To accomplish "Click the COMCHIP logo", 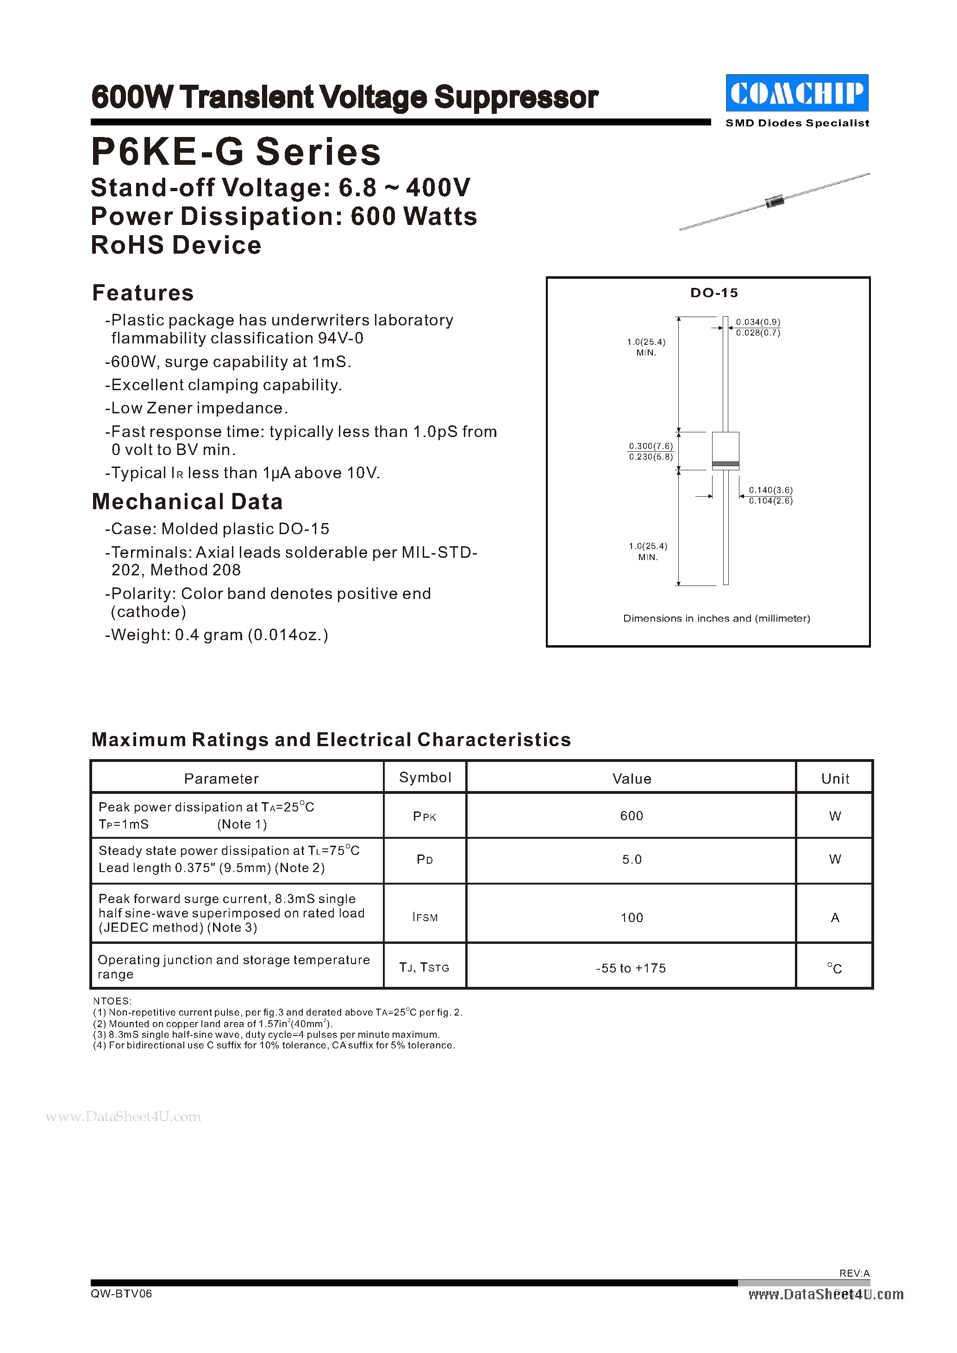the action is tap(797, 93).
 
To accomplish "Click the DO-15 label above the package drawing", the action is tap(713, 293).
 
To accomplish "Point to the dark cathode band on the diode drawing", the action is tap(726, 464).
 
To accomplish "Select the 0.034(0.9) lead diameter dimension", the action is tap(758, 322).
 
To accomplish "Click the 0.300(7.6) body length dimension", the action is tap(651, 446).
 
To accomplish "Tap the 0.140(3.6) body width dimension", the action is tap(770, 490).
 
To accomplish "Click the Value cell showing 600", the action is tap(631, 816).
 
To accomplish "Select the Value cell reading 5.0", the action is tap(631, 860).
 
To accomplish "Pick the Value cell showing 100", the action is tap(631, 917).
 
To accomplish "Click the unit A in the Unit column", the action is tap(834, 917).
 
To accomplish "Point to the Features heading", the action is tap(143, 293).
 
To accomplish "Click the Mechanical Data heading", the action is tap(188, 501).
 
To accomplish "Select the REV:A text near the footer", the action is tap(854, 1273).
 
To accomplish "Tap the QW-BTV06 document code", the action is tap(121, 1293).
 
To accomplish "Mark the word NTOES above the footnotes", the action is tap(112, 1001).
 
